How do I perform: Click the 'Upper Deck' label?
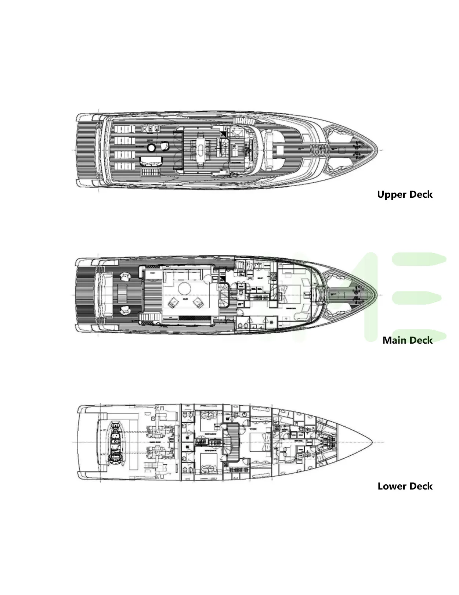[405, 194]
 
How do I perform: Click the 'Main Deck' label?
[407, 340]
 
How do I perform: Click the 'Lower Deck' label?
[405, 486]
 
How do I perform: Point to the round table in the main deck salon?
[184, 289]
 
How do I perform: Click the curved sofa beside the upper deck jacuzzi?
[151, 161]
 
